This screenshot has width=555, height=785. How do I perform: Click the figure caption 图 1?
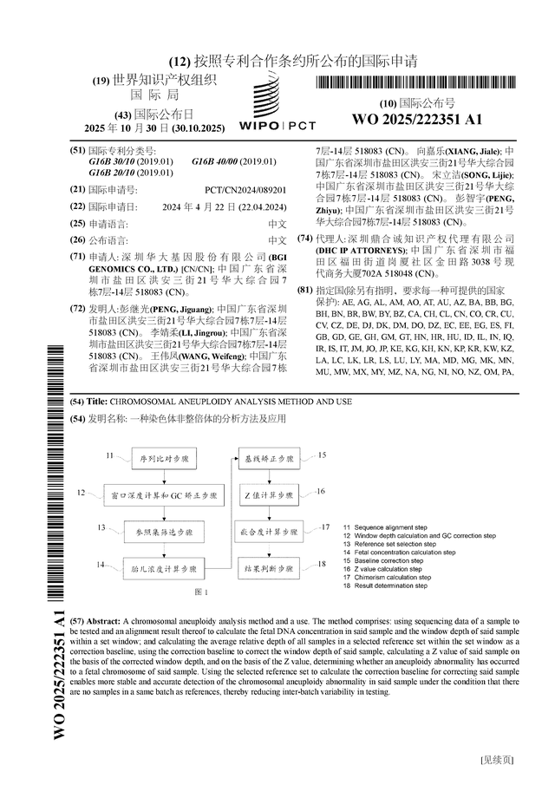[202, 592]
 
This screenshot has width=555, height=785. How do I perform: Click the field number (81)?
[304, 290]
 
